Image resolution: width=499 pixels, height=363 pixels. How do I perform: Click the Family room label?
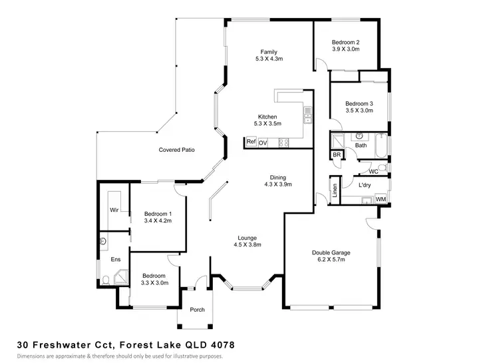[269, 52]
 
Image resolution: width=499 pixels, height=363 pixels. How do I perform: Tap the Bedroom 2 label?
[345, 42]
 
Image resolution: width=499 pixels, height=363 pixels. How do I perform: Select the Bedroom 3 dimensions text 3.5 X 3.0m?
[358, 111]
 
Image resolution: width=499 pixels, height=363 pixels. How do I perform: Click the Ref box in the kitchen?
[251, 142]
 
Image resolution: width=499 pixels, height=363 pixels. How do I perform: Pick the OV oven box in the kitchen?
[263, 143]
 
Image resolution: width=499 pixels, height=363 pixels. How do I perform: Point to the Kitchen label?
[268, 117]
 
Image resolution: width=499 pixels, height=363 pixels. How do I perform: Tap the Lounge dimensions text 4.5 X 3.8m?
[247, 244]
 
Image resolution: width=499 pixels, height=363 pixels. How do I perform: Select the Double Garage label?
[331, 252]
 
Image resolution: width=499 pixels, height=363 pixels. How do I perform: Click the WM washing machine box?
[381, 198]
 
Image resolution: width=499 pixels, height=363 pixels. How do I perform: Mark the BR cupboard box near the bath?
[337, 156]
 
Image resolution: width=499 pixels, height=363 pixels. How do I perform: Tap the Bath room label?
[361, 145]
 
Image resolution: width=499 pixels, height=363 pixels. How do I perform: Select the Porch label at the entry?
[197, 310]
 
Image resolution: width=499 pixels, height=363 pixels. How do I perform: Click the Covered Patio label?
[176, 150]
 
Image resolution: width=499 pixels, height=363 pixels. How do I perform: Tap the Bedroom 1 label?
[158, 214]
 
